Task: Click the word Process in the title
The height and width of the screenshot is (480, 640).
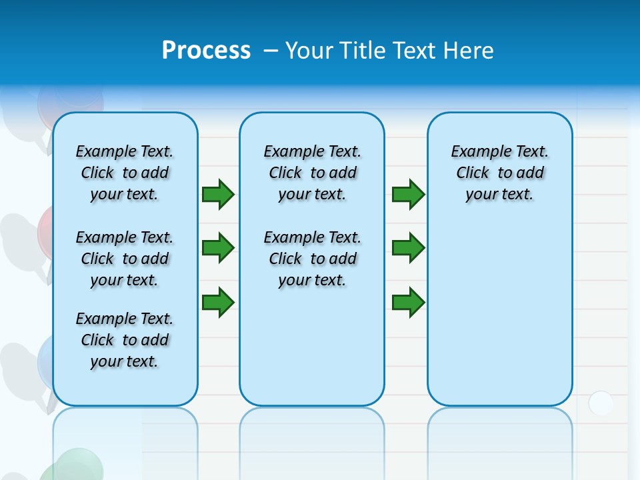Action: coord(206,51)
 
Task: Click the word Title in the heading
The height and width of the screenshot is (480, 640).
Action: coord(363,51)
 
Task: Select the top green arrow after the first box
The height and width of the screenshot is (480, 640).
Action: coord(218,194)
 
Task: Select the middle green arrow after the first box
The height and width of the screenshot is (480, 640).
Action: coord(218,248)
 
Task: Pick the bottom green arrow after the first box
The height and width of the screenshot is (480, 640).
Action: coord(218,302)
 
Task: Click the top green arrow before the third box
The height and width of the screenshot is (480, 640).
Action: coord(408,194)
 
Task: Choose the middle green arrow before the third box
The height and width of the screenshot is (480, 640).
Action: coord(408,248)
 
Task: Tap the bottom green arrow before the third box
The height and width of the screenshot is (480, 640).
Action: coord(408,302)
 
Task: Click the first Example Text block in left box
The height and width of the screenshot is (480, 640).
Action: coord(125,173)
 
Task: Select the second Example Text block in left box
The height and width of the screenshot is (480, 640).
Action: coord(125,259)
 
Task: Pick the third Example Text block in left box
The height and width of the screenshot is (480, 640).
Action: coord(125,340)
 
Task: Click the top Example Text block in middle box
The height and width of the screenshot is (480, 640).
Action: coord(312,173)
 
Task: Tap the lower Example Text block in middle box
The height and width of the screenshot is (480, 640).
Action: coord(312,259)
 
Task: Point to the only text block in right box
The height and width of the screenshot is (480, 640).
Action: coord(500,173)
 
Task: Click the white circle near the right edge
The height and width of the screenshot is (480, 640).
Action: coord(601,403)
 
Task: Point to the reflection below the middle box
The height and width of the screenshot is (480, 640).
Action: coord(312,440)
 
